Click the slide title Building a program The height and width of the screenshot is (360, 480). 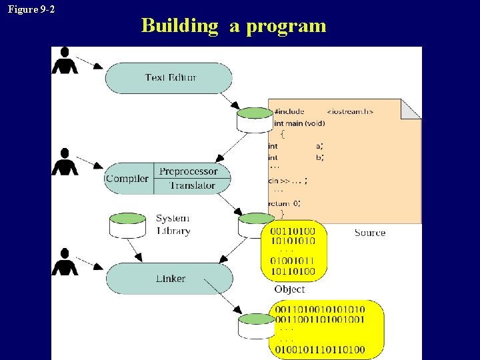pyautogui.click(x=233, y=26)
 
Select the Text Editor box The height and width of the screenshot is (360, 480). pyautogui.click(x=169, y=78)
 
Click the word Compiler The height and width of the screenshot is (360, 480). pyautogui.click(x=127, y=179)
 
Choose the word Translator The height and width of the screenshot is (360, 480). pyautogui.click(x=192, y=185)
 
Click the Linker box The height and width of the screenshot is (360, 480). pyautogui.click(x=169, y=279)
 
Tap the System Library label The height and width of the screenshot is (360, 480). pyautogui.click(x=173, y=225)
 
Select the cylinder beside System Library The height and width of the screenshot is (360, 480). pyautogui.click(x=127, y=225)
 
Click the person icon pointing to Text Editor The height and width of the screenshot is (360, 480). pyautogui.click(x=65, y=61)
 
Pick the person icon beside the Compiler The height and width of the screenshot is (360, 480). pyautogui.click(x=65, y=162)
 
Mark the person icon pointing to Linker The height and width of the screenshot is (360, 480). pyautogui.click(x=65, y=261)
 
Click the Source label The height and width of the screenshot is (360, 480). pyautogui.click(x=370, y=233)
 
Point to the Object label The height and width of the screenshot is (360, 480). pyautogui.click(x=289, y=289)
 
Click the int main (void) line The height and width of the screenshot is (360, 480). pyautogui.click(x=299, y=123)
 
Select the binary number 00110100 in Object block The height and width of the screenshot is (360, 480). pyautogui.click(x=293, y=231)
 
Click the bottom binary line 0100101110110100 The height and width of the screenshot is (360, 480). pyautogui.click(x=320, y=349)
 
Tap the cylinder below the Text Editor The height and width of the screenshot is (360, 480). pyautogui.click(x=255, y=119)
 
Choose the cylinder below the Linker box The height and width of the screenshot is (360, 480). pyautogui.click(x=257, y=326)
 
